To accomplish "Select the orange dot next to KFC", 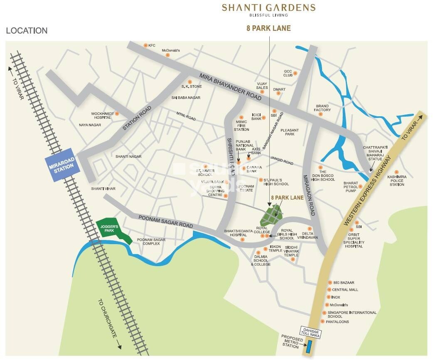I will [x=145, y=45].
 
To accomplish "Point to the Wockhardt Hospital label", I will [x=101, y=115].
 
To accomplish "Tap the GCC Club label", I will [x=288, y=73].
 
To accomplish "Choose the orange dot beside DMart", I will [x=278, y=93].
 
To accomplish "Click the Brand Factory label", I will [x=322, y=108].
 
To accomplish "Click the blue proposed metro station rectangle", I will [x=309, y=346].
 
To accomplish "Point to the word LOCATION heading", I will [x=27, y=31].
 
